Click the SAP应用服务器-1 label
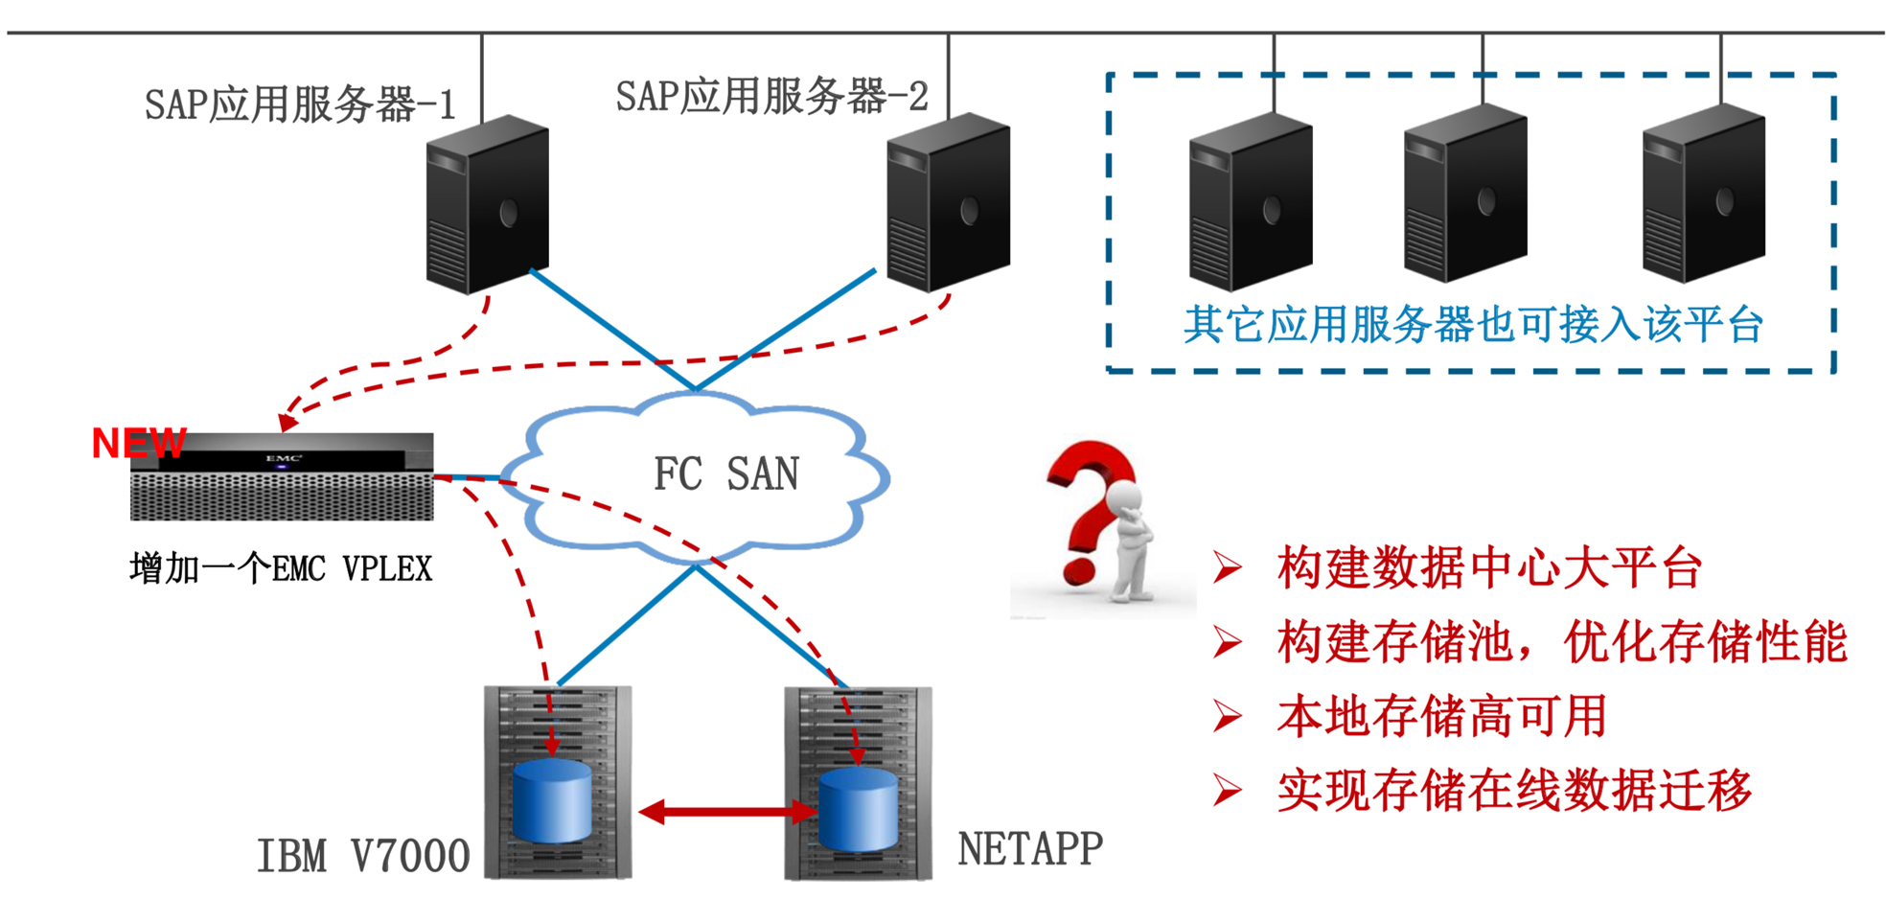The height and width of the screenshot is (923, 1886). coord(300,104)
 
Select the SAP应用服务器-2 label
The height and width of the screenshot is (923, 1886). coord(771,97)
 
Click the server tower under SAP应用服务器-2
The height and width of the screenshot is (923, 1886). coord(948,202)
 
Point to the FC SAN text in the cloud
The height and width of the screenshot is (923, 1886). coord(725,474)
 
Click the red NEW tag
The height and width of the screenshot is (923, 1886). coord(138,443)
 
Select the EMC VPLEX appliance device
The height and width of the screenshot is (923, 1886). coord(282,477)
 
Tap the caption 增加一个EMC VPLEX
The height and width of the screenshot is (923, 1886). coord(281,568)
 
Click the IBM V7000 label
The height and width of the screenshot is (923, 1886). coord(363,856)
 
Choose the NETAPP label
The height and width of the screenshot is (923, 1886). coord(1030,849)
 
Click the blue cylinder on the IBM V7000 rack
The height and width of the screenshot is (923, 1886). coord(552,801)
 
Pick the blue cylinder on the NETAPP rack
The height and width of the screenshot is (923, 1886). coord(858,809)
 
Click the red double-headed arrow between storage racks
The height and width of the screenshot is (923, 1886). coord(727,813)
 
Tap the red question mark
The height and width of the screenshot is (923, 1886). coord(1088,508)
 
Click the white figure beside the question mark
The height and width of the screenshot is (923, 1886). coord(1131,542)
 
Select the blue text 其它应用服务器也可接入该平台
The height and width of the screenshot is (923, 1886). coord(1473,325)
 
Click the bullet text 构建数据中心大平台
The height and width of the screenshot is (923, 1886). coord(1489,567)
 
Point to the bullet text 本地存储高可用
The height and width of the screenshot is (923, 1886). coord(1441,716)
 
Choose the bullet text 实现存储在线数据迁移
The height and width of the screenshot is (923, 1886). coord(1514,791)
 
